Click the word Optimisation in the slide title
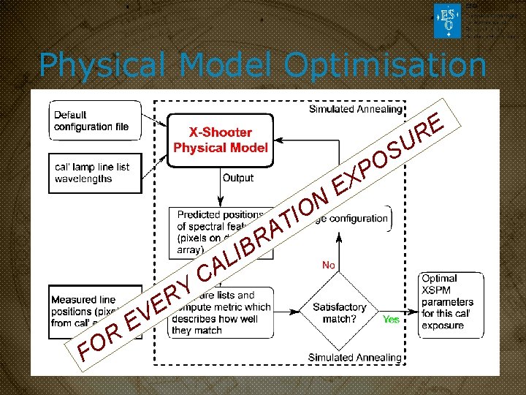click(x=385, y=66)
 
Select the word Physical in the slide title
click(x=104, y=66)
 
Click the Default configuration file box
click(x=91, y=121)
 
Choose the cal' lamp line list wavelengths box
click(x=91, y=173)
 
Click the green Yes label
click(x=391, y=320)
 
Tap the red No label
click(x=329, y=265)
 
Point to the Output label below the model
click(x=238, y=178)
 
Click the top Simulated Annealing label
click(x=355, y=109)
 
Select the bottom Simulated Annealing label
click(x=355, y=357)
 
